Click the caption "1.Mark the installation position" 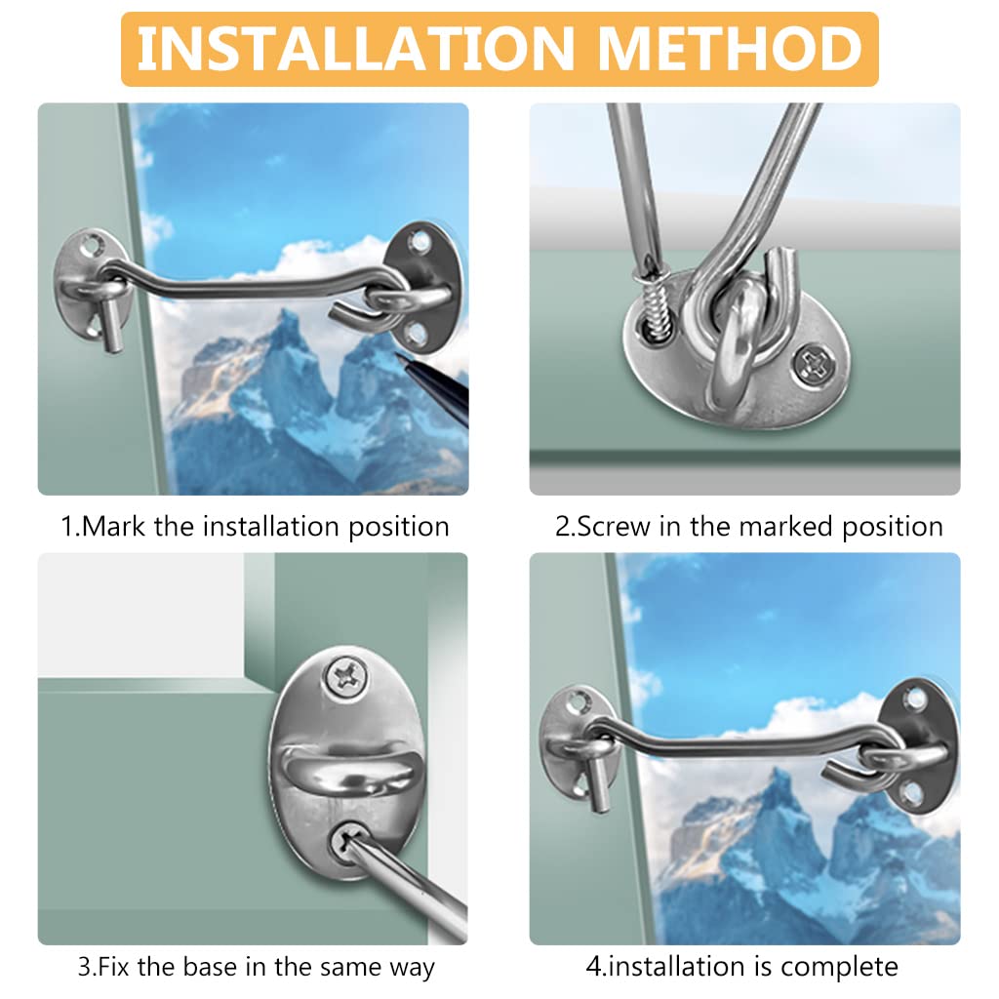(x=255, y=527)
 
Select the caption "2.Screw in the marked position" (x=748, y=527)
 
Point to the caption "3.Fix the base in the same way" (x=256, y=968)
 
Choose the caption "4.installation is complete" (x=741, y=968)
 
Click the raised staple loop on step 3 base (x=346, y=762)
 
